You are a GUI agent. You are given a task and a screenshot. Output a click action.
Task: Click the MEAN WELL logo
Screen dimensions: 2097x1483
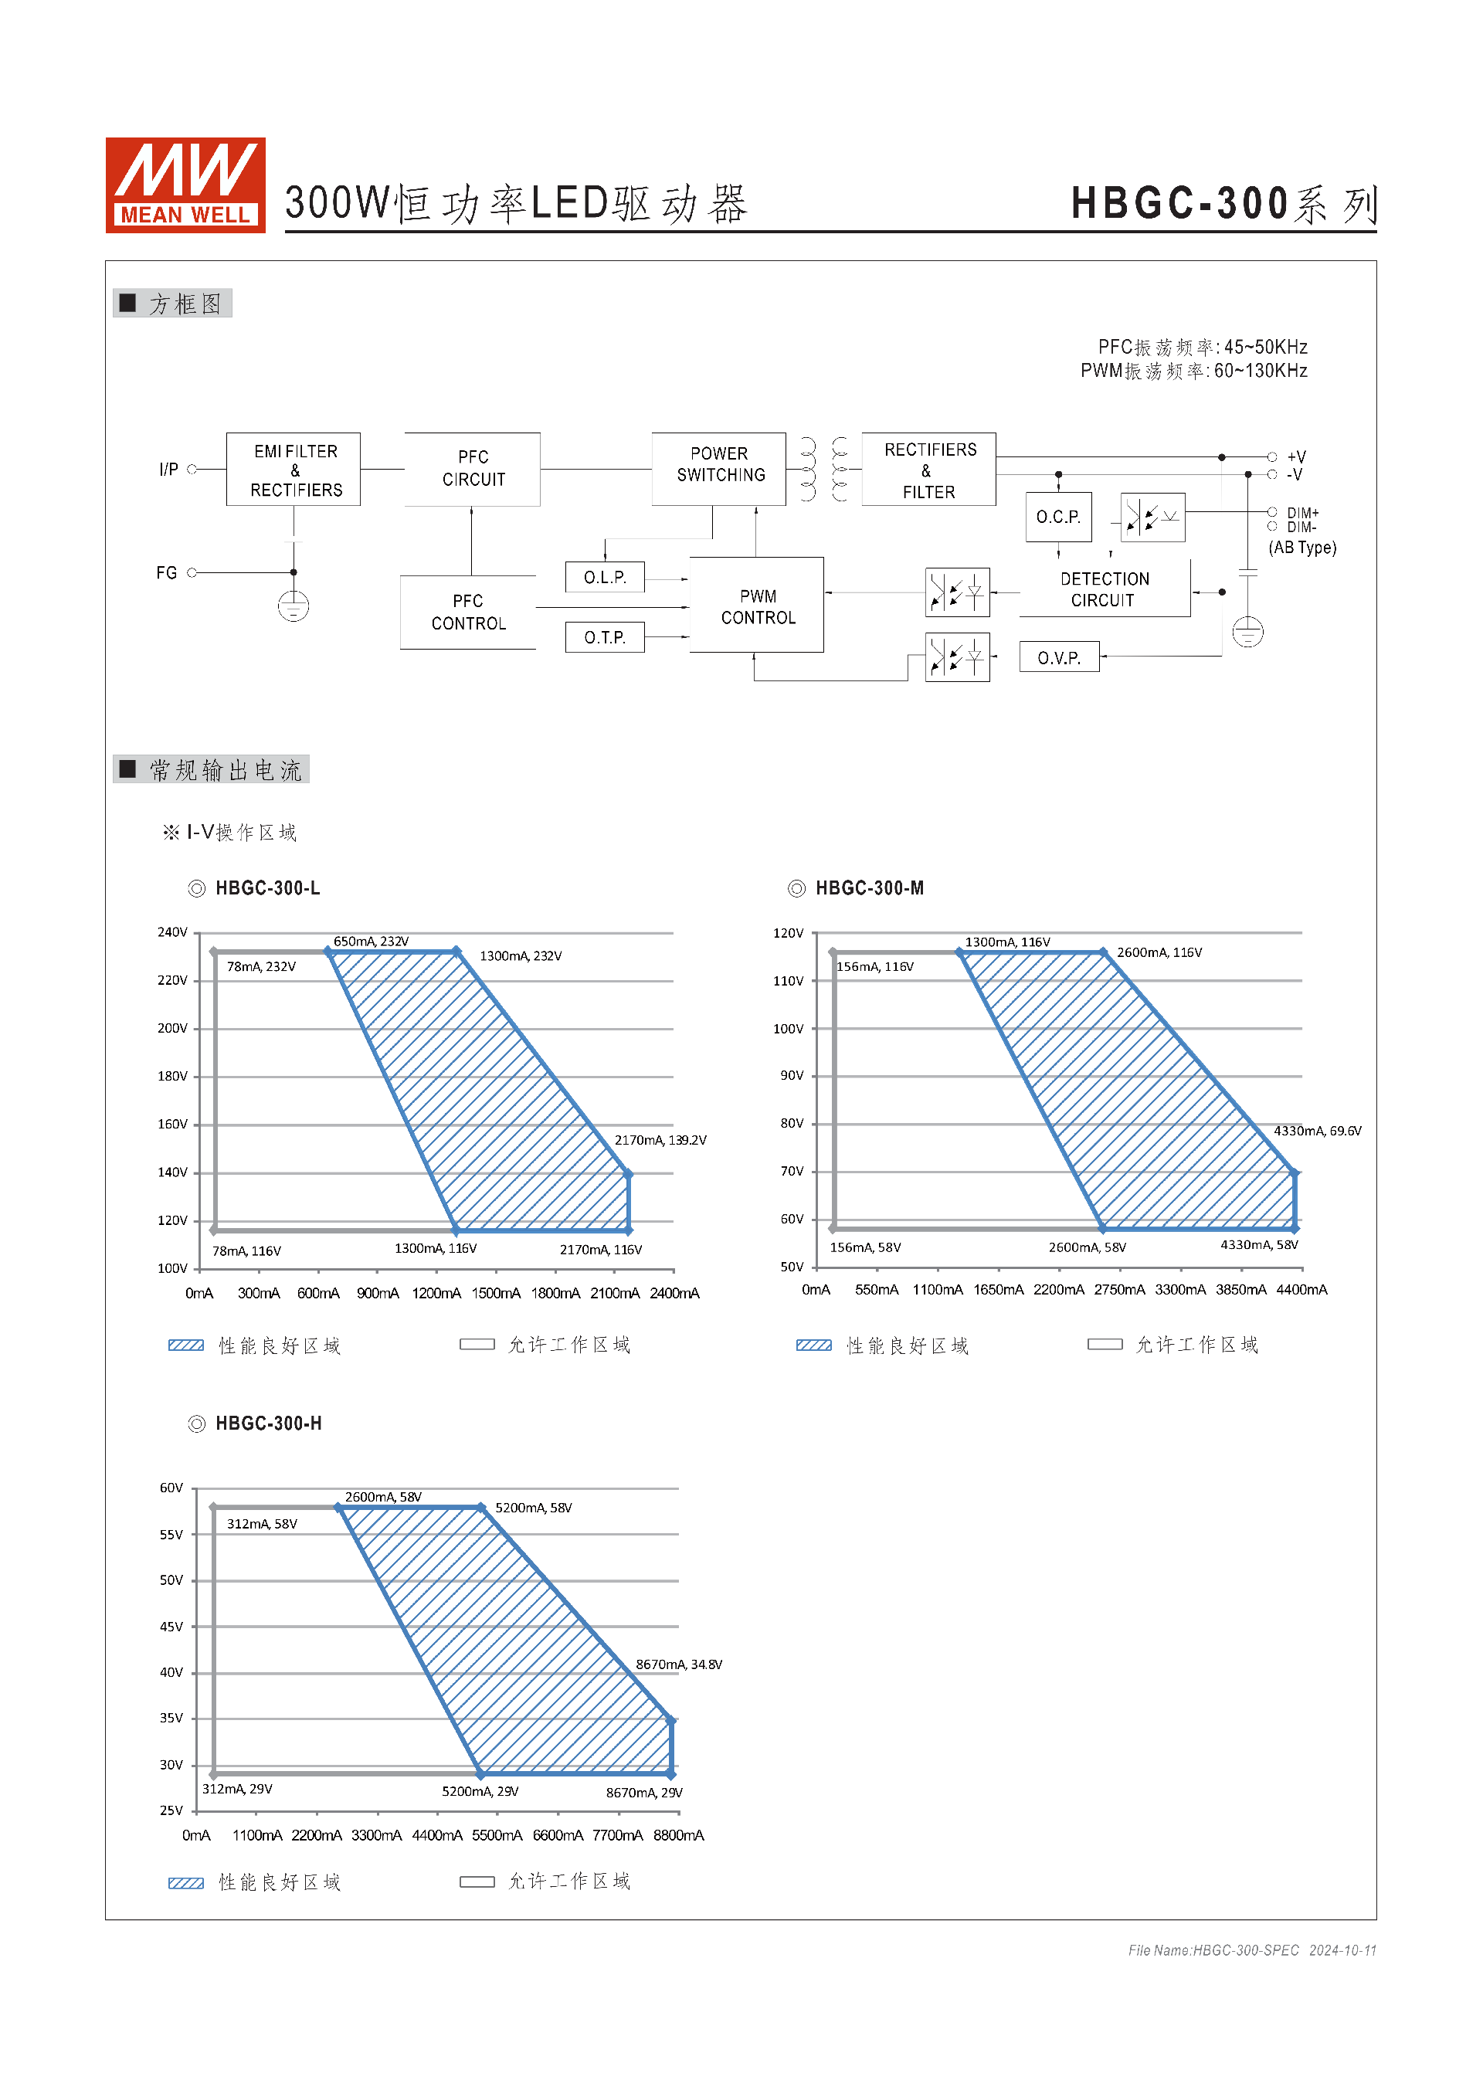185,185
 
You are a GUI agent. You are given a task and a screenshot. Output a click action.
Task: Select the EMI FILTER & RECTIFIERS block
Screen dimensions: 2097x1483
294,470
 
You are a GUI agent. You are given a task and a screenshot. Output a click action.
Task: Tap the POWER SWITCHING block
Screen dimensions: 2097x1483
720,465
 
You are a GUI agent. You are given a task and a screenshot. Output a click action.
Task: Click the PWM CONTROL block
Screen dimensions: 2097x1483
757,606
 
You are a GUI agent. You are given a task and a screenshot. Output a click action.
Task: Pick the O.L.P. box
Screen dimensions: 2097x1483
605,577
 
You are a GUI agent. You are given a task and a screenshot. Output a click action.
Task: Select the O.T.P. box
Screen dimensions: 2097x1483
605,637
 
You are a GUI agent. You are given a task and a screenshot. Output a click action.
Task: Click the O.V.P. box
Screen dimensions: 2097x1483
1058,657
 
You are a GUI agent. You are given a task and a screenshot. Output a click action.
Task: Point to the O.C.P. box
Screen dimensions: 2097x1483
1057,517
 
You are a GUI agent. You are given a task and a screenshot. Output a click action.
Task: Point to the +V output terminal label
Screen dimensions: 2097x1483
1296,456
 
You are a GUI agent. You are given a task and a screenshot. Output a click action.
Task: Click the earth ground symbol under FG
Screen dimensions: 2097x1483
294,606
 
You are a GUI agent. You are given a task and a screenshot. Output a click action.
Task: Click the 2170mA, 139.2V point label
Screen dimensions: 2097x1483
660,1140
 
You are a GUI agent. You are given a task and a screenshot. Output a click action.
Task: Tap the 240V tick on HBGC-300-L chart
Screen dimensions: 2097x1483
171,932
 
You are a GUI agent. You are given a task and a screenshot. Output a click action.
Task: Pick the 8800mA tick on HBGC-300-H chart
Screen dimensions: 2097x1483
677,1835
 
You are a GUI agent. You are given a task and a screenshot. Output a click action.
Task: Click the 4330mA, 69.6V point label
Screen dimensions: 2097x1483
1317,1131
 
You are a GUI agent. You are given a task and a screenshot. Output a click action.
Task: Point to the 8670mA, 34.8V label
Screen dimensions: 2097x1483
678,1664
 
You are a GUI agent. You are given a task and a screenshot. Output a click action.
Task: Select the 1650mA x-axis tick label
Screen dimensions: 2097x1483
998,1290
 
